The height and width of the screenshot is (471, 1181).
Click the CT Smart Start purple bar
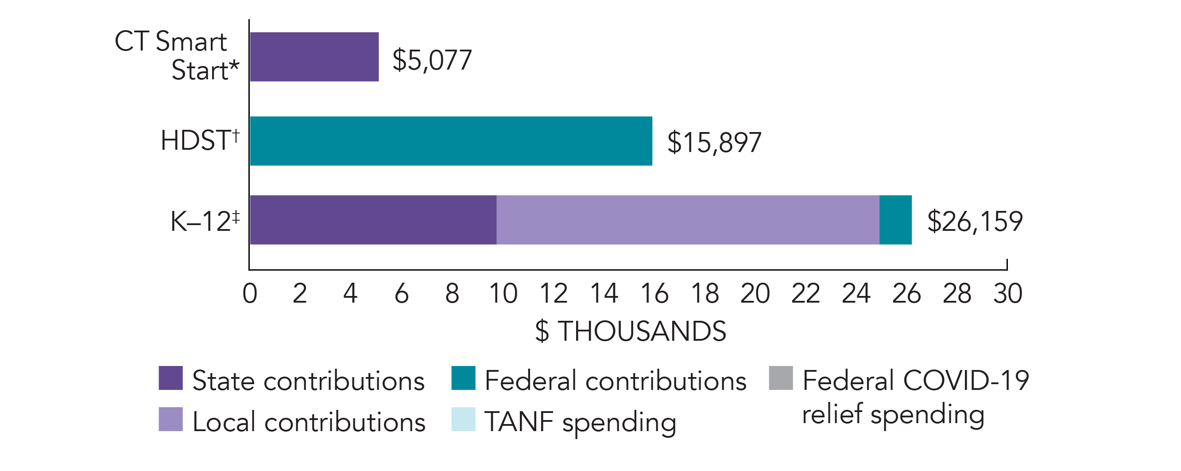314,57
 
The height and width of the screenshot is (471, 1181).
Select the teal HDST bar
451,141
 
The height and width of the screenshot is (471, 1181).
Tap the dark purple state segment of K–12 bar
373,220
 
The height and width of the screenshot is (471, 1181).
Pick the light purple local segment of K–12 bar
688,220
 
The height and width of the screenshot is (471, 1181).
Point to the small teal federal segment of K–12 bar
895,220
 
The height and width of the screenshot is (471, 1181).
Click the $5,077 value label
432,60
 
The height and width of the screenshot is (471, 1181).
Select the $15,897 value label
714,142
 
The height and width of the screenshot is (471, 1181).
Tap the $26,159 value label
975,222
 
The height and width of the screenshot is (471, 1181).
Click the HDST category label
200,140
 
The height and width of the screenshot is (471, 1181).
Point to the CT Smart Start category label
177,55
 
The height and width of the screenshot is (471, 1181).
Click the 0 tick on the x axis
250,293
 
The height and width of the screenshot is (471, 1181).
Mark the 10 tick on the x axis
503,293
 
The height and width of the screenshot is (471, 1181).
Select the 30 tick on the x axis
1008,293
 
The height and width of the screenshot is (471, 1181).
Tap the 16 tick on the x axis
654,293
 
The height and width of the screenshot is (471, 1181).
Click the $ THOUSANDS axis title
631,331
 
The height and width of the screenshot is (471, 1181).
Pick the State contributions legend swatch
170,378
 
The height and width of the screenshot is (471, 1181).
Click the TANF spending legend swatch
463,419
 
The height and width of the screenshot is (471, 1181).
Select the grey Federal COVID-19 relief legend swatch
781,378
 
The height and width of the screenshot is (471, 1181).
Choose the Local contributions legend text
309,422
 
